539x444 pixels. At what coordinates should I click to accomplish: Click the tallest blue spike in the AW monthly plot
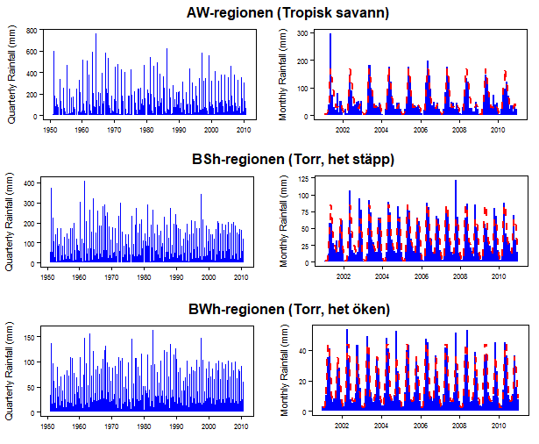point(330,35)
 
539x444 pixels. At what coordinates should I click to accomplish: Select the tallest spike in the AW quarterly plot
point(96,35)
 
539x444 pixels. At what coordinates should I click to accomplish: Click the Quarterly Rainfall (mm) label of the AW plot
point(11,74)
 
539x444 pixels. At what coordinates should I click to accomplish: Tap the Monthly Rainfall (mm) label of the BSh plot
point(284,221)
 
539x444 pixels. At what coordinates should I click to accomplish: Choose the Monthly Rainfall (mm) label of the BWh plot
point(284,370)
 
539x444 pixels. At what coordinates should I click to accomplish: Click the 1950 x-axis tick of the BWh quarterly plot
point(49,426)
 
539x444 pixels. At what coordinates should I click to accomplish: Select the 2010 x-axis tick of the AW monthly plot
point(496,129)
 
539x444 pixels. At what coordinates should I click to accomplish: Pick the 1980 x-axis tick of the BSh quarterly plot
point(145,276)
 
